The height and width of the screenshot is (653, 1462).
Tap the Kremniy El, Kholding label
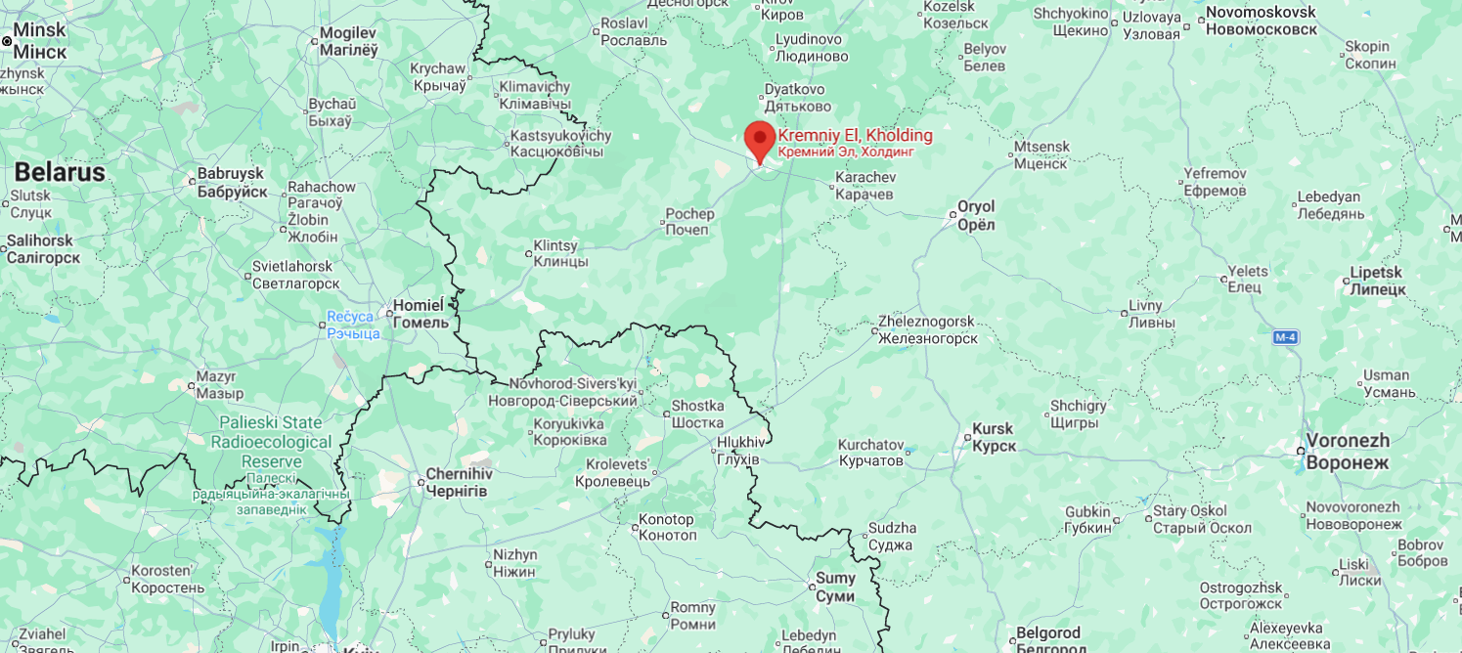pyautogui.click(x=855, y=143)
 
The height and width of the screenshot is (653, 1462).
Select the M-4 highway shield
pyautogui.click(x=1286, y=337)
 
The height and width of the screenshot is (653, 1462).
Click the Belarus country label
pyautogui.click(x=59, y=173)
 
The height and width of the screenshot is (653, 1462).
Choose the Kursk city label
pyautogui.click(x=994, y=437)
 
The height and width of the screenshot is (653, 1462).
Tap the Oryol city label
pyautogui.click(x=975, y=215)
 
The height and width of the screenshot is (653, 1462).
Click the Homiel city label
pyautogui.click(x=421, y=313)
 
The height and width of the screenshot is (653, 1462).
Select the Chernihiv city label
pyautogui.click(x=458, y=482)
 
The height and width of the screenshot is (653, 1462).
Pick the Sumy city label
pyautogui.click(x=835, y=588)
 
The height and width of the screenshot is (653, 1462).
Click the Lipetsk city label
pyautogui.click(x=1376, y=281)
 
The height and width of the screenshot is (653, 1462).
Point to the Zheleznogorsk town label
pyautogui.click(x=926, y=329)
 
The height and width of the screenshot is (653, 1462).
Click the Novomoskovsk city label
pyautogui.click(x=1261, y=21)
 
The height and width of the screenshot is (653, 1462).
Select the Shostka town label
pyautogui.click(x=697, y=414)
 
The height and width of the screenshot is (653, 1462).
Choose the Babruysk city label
pyautogui.click(x=232, y=182)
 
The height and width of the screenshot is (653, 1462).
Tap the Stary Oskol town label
pyautogui.click(x=1202, y=519)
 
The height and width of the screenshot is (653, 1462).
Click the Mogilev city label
pyautogui.click(x=348, y=41)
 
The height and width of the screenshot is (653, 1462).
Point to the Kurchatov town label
pyautogui.click(x=870, y=452)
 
